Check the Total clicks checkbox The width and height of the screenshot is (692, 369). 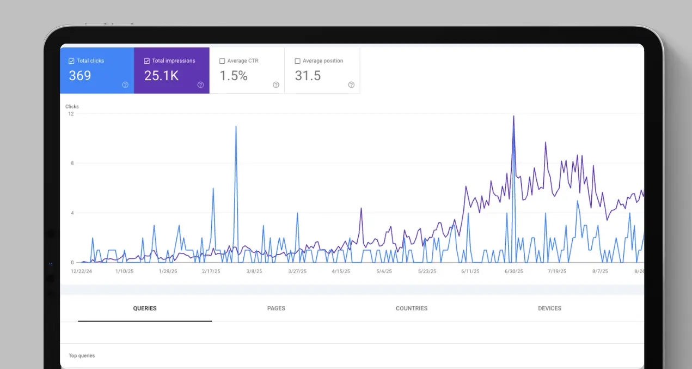tap(71, 61)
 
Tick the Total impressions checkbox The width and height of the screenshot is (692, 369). tap(146, 61)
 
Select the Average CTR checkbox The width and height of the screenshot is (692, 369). tap(222, 61)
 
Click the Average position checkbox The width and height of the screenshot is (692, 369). tap(297, 61)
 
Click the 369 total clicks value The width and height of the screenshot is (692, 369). tap(80, 76)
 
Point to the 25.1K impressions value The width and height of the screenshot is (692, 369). tap(161, 76)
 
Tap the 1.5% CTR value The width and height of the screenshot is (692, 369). tap(234, 76)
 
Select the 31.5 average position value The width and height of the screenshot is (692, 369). tap(308, 76)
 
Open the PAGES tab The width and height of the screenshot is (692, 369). tap(276, 308)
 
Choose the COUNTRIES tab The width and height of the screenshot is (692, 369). tap(412, 308)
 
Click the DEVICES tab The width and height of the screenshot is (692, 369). tap(549, 308)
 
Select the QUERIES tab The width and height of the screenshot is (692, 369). tap(145, 308)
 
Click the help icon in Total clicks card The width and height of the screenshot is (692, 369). tap(125, 85)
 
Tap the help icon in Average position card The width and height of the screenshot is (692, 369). tap(351, 85)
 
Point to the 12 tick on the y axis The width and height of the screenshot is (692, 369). tap(71, 114)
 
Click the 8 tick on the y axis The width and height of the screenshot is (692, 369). tap(72, 163)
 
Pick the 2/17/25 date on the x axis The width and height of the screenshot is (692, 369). tap(211, 271)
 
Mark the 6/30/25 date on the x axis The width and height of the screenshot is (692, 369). tap(513, 271)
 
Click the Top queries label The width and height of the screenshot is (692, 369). tap(82, 356)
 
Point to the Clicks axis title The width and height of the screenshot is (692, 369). tap(72, 106)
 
